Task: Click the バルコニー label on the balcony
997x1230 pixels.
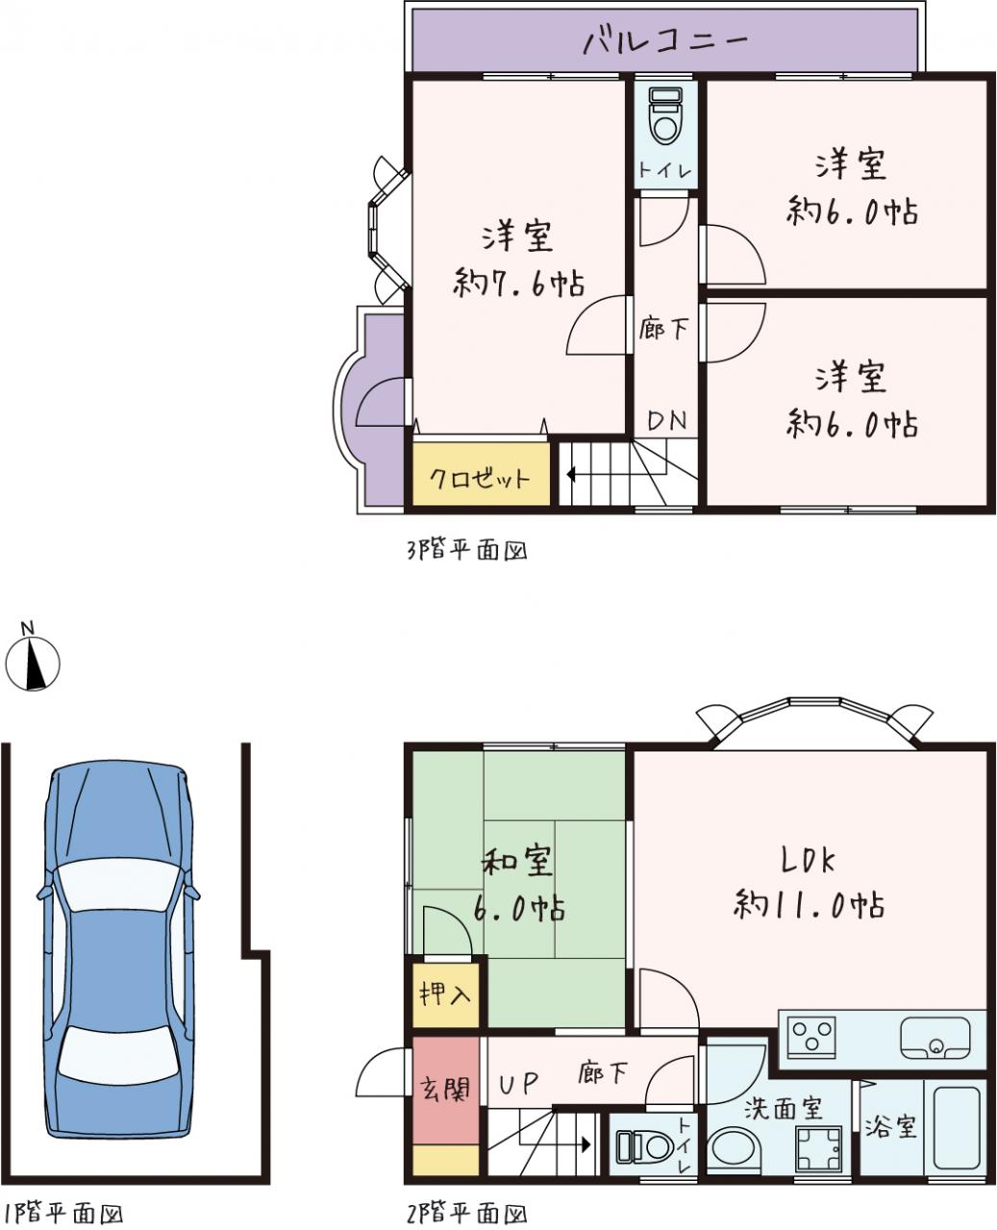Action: click(x=665, y=41)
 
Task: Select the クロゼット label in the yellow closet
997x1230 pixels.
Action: click(x=480, y=479)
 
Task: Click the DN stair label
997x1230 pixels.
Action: click(x=667, y=421)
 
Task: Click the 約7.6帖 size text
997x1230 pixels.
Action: click(x=518, y=283)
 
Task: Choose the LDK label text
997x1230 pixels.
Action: click(x=809, y=862)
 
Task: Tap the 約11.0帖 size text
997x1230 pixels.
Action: click(x=809, y=905)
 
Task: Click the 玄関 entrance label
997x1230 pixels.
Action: click(x=445, y=1088)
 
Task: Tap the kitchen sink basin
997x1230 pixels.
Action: click(x=935, y=1038)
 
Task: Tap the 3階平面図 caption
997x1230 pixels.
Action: click(x=466, y=551)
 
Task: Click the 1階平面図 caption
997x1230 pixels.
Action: click(x=62, y=1214)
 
